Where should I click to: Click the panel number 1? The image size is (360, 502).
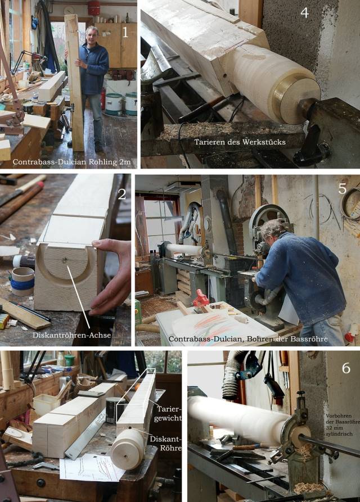point(125,32)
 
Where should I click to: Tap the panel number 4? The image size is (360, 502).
point(304,12)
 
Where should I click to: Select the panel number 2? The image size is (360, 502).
point(121,194)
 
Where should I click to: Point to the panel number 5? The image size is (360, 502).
point(343,189)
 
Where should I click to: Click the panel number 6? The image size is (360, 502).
point(346,368)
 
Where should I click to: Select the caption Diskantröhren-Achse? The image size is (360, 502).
point(72,335)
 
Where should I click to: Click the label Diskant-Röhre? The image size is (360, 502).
point(166,444)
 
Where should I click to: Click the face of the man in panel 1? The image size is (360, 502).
point(92,35)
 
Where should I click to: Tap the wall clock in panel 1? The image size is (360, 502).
point(69,10)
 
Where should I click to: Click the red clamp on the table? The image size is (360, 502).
point(201,298)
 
